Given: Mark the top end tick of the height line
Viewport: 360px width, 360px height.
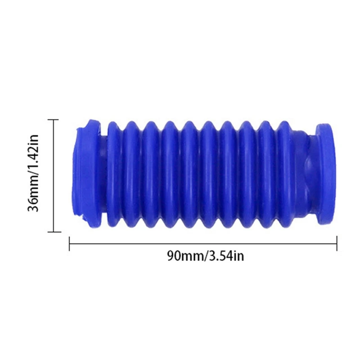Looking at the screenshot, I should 54,120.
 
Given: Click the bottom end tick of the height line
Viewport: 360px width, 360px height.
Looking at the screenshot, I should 54,232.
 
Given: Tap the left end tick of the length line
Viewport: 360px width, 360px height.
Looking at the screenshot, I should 69,244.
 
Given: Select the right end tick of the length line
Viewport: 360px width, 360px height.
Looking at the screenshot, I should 337,244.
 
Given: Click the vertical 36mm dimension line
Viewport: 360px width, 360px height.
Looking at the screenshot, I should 54,176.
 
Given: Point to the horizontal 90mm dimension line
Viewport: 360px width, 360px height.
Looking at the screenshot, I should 203,244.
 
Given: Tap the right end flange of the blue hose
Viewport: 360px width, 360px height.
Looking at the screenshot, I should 325,173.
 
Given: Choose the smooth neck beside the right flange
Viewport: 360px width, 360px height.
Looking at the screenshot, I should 306,173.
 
